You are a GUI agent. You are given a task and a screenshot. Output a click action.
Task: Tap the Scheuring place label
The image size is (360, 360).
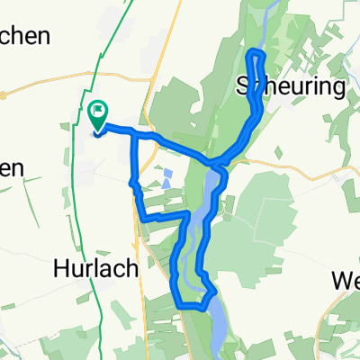[290, 87]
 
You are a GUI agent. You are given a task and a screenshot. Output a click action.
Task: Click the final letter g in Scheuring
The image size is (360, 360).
[338, 89]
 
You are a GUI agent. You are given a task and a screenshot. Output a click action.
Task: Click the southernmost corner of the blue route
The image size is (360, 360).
[189, 306]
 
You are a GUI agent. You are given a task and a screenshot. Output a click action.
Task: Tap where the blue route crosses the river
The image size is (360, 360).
[217, 165]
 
